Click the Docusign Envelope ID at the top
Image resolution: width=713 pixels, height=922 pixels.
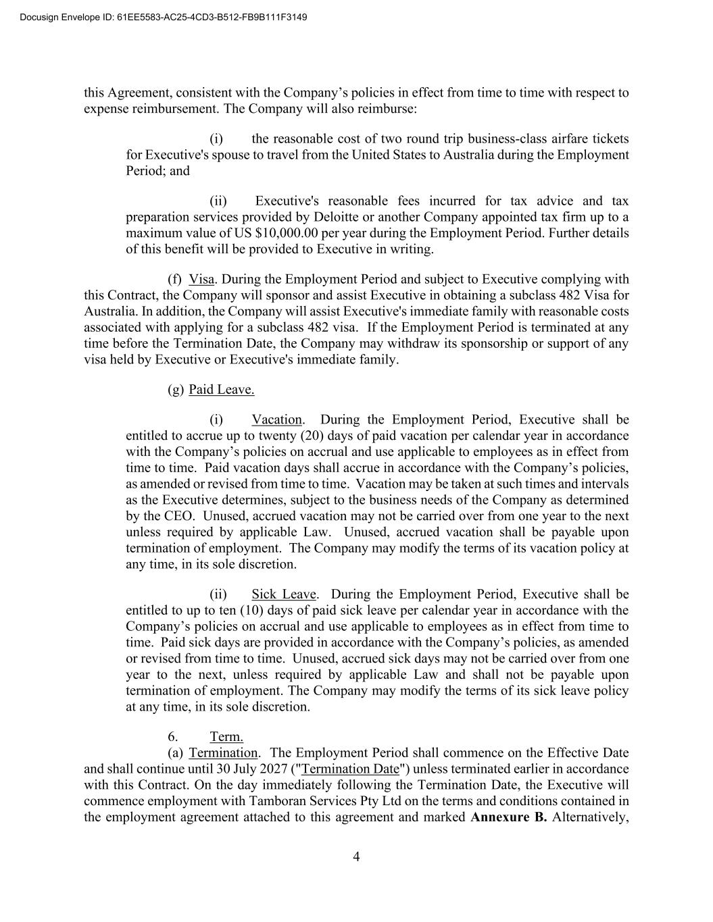point(159,16)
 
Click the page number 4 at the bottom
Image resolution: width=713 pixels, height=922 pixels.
point(356,857)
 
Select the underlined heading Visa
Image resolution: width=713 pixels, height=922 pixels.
point(201,279)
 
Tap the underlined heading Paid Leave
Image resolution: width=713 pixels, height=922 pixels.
point(221,389)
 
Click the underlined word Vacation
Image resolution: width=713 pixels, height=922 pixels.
point(276,419)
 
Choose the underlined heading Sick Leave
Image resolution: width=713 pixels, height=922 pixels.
point(283,594)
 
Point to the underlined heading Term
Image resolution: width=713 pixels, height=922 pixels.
point(226,736)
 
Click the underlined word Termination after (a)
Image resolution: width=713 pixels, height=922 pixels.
point(223,752)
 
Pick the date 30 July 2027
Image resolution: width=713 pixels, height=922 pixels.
point(251,769)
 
